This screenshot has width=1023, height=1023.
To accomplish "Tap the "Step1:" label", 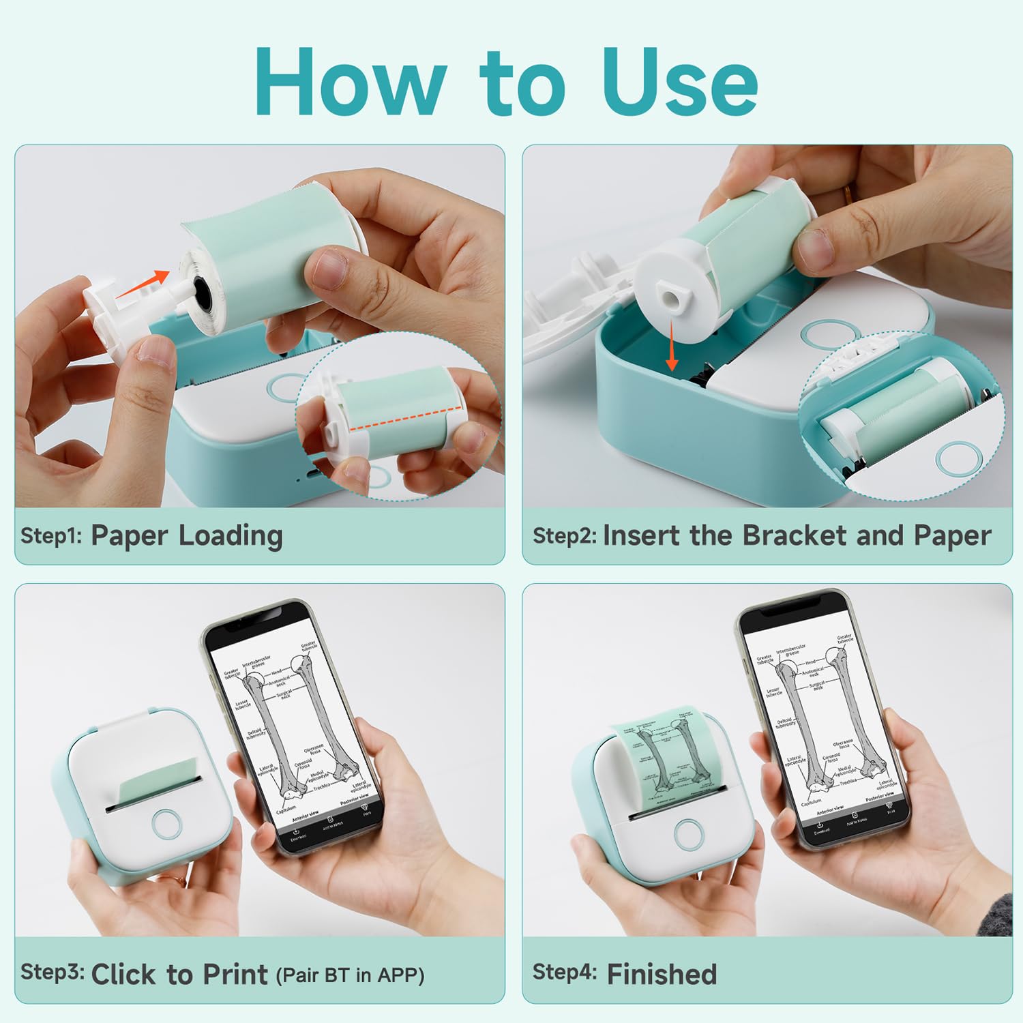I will (x=51, y=535).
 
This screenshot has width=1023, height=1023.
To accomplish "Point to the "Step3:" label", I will (x=52, y=972).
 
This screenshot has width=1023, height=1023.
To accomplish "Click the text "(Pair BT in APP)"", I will (x=350, y=975).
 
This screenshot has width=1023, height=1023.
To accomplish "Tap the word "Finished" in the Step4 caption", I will (x=662, y=974).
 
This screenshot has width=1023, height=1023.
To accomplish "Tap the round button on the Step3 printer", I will (x=166, y=823).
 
